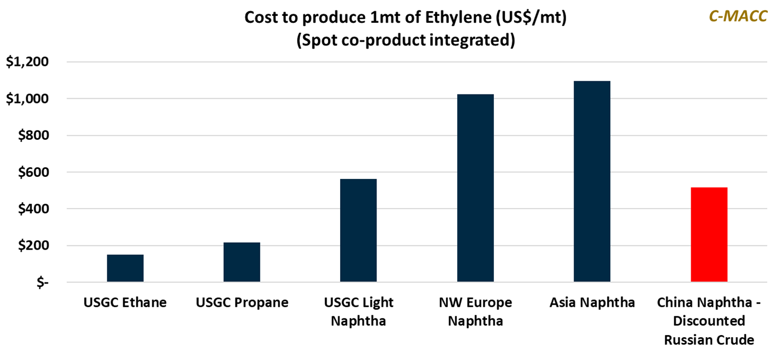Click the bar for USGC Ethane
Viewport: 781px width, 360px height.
125,269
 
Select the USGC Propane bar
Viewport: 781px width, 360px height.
242,262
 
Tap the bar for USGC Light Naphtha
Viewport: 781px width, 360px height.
359,231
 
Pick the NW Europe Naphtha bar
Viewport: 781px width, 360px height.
475,188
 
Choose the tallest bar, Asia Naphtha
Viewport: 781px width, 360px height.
592,182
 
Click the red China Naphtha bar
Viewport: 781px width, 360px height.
709,235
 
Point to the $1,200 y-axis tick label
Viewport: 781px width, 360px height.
27,62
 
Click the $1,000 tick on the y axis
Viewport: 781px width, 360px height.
27,99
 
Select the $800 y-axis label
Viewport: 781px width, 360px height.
33,136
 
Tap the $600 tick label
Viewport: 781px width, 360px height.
33,173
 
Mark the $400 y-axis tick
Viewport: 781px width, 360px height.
33,209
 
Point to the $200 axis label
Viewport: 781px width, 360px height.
33,246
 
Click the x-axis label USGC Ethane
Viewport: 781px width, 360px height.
125,303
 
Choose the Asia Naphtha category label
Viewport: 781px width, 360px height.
592,303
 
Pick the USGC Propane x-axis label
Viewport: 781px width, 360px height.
242,303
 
